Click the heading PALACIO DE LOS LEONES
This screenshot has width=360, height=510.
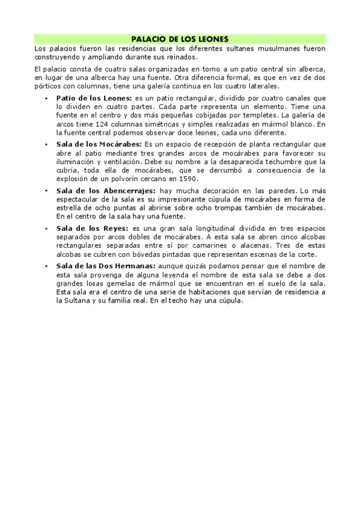(x=180, y=38)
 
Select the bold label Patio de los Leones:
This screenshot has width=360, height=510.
(x=93, y=97)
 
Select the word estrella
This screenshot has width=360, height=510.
(x=69, y=207)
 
